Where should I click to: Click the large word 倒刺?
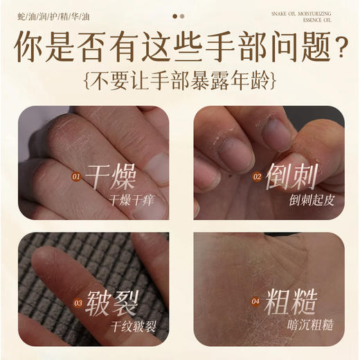coord(291,177)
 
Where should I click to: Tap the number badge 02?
coord(257,177)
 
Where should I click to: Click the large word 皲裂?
coord(111,302)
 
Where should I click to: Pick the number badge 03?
coord(78,303)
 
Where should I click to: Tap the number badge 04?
coord(257,303)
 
